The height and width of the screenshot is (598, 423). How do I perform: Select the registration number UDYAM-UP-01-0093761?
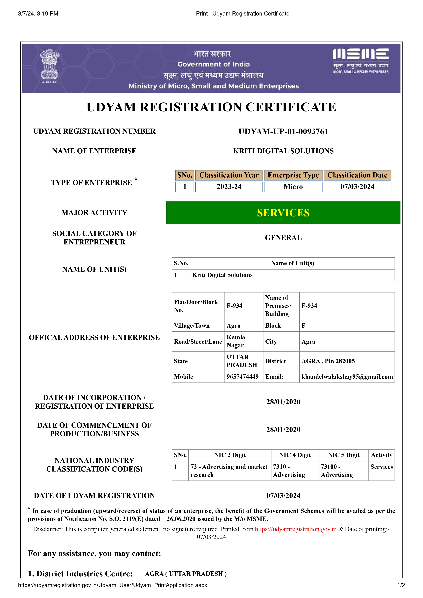click(x=283, y=132)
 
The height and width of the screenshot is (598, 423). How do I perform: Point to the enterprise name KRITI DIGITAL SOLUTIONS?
click(x=283, y=151)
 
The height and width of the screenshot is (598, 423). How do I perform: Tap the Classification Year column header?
click(x=229, y=175)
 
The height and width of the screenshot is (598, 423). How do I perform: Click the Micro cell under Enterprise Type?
click(x=293, y=187)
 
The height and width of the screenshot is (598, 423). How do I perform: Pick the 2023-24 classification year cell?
click(x=229, y=187)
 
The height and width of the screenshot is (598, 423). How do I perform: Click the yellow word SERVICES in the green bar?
click(x=283, y=213)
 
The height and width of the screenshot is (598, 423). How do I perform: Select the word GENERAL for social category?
click(x=283, y=238)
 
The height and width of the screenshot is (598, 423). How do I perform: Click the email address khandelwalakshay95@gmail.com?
click(x=347, y=377)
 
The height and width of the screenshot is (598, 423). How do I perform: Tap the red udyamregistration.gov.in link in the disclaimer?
click(x=296, y=529)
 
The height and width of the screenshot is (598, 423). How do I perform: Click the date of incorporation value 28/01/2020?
click(x=283, y=402)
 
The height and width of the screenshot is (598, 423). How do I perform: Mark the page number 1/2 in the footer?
click(x=401, y=585)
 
